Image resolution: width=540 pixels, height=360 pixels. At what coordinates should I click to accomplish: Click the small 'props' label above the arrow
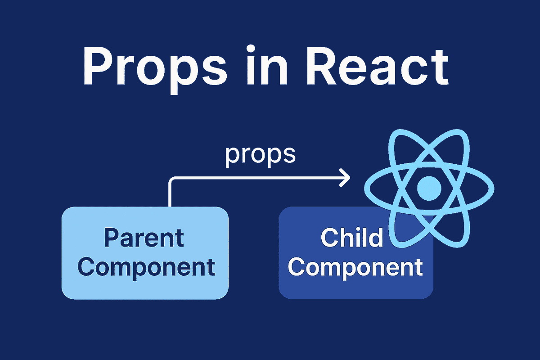click(260, 155)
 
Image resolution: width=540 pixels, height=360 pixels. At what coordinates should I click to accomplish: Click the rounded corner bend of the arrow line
click(171, 180)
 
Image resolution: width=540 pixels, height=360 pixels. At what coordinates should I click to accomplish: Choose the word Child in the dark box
click(352, 238)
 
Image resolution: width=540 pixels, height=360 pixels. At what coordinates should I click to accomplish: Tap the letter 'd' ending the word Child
click(376, 238)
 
